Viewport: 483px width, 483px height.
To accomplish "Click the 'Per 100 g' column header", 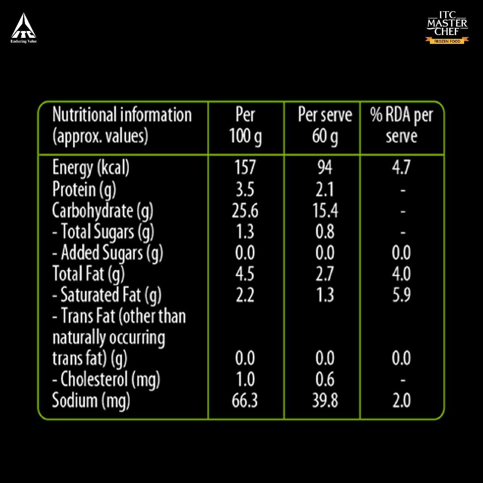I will click(x=245, y=126).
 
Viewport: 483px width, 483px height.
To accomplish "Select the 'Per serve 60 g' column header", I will click(x=324, y=126).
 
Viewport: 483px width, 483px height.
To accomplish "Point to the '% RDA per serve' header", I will click(x=401, y=126).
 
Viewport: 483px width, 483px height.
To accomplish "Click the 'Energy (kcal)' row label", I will click(x=91, y=168).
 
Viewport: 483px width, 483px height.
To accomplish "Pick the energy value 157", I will click(x=245, y=167).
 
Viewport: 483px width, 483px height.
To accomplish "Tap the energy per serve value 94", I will click(x=324, y=167).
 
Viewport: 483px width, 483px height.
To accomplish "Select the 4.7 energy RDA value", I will click(x=401, y=167).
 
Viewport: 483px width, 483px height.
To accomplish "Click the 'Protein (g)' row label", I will click(x=84, y=189).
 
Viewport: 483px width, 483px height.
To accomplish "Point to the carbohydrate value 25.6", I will click(x=245, y=211).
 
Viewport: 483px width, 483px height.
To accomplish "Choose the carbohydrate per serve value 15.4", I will click(x=325, y=211).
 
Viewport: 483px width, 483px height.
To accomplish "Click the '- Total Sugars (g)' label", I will click(x=103, y=232).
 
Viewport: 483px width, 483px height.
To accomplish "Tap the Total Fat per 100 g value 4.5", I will click(x=245, y=274).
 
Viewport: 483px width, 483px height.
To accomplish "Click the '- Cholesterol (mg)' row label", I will click(x=106, y=380).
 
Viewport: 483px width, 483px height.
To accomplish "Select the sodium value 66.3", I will click(x=245, y=400).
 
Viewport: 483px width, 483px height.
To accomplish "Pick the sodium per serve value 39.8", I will click(x=325, y=400).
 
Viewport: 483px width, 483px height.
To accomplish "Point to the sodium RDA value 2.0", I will click(x=401, y=400).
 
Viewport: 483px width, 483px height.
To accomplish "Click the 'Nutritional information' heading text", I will click(x=122, y=115).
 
